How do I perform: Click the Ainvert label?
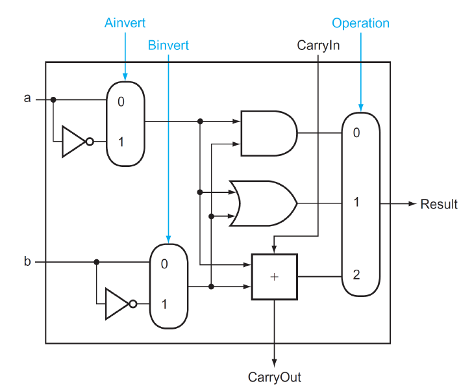pos(125,23)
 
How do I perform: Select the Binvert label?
pos(168,45)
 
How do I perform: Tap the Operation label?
pos(360,23)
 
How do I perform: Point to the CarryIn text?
pos(318,45)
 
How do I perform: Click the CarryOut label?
pos(274,377)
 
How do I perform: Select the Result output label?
pos(439,204)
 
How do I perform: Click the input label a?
pos(27,99)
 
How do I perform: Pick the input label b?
pos(27,262)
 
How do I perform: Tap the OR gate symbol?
pos(264,203)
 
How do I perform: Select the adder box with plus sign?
pos(274,277)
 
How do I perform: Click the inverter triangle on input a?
pos(73,142)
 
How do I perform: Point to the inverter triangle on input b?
pos(117,303)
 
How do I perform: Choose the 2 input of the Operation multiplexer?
pos(356,275)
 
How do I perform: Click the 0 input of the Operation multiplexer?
pos(356,133)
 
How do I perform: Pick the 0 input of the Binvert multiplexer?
pos(164,264)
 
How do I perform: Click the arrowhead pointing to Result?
pos(410,204)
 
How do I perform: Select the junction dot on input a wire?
pos(53,100)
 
